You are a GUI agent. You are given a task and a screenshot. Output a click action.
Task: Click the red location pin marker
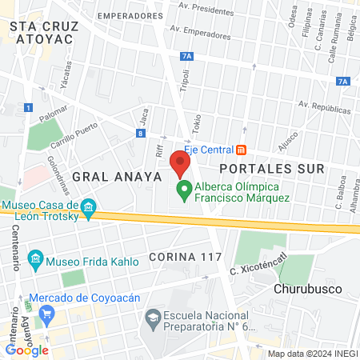(180, 164)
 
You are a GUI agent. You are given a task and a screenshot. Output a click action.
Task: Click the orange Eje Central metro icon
(241, 150)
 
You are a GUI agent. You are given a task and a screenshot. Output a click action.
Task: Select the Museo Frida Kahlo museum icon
(35, 259)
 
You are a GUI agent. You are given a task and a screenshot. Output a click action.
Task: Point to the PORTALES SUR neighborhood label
(271, 169)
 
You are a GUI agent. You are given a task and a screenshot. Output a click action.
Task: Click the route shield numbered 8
(140, 134)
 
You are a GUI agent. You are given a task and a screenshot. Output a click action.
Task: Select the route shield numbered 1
(28, 107)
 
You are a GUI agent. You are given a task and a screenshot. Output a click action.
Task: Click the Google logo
(26, 350)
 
